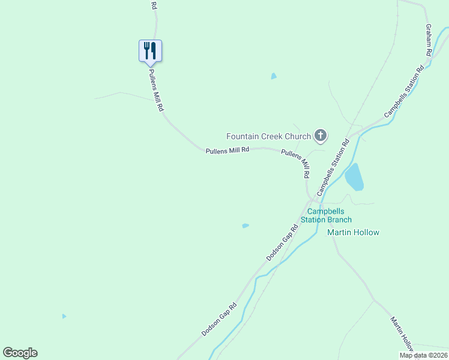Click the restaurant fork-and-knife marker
[151, 50]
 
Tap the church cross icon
[321, 136]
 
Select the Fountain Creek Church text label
[268, 136]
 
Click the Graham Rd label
[429, 40]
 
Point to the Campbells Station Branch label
[330, 215]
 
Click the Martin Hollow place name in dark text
[353, 232]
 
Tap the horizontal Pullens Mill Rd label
[227, 151]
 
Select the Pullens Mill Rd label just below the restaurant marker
[156, 90]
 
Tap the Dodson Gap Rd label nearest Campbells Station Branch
[282, 243]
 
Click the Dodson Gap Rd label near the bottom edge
[219, 319]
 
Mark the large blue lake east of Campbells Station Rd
[354, 177]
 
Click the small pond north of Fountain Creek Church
[274, 76]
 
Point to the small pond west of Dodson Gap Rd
[245, 226]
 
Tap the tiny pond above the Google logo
[64, 316]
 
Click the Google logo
[20, 353]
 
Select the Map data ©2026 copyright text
[424, 355]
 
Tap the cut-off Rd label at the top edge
[154, 5]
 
